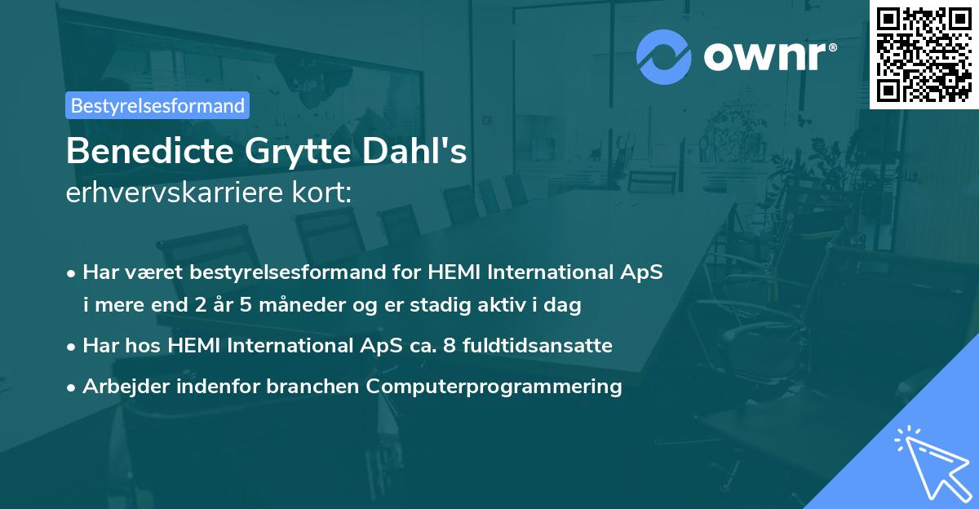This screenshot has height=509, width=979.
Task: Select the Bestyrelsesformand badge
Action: [157, 105]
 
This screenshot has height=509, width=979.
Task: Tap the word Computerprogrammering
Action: [494, 387]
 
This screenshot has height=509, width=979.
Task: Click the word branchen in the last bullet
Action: [314, 387]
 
